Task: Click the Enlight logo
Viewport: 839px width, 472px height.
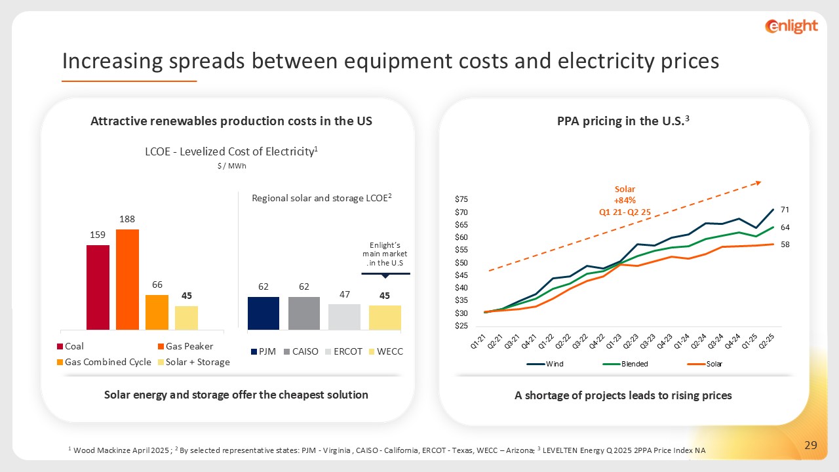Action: click(791, 26)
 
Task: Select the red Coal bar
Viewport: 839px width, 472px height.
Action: click(98, 287)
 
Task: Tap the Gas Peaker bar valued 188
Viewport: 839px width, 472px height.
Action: click(127, 279)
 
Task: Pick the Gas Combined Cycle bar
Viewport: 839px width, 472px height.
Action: click(157, 312)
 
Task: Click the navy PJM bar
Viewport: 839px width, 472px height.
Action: click(263, 313)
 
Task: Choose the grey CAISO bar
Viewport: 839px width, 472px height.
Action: click(303, 313)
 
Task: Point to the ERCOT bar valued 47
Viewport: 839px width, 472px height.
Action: click(344, 317)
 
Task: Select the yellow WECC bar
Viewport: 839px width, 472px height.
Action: click(385, 317)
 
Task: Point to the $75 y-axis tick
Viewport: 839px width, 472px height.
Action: click(461, 199)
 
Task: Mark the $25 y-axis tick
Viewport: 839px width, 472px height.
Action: click(461, 326)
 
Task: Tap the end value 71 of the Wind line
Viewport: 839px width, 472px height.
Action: click(785, 210)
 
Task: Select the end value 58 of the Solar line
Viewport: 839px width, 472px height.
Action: click(785, 244)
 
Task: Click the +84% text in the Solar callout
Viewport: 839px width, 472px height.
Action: click(625, 200)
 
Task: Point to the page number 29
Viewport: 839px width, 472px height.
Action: click(811, 446)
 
